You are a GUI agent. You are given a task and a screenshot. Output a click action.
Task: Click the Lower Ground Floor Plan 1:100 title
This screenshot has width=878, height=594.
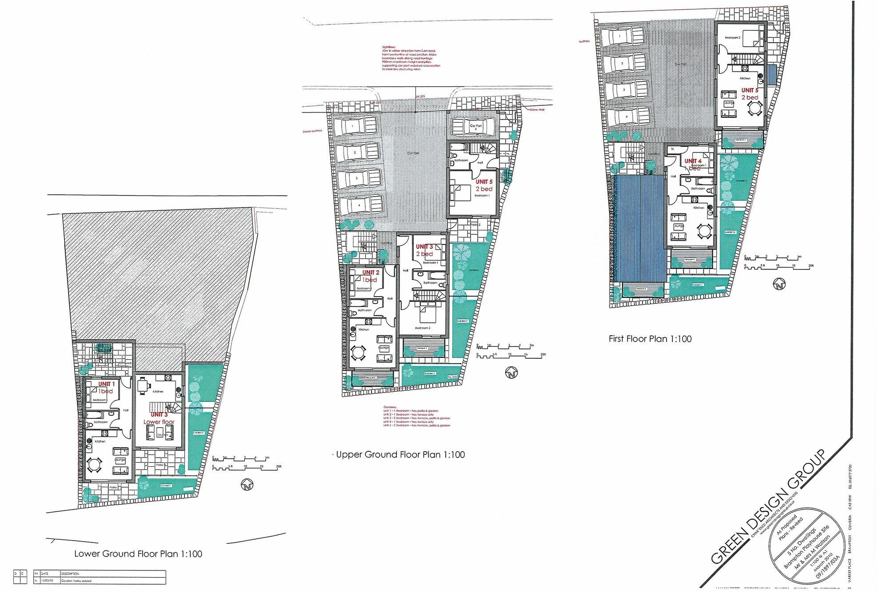click(138, 554)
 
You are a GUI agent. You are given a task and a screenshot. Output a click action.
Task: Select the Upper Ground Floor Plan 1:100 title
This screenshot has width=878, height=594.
click(400, 454)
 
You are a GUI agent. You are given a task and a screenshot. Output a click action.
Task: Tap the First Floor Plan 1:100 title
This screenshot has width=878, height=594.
click(650, 339)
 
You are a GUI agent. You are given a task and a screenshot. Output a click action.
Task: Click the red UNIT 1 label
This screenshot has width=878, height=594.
click(107, 384)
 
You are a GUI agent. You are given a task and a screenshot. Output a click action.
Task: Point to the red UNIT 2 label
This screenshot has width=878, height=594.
click(371, 273)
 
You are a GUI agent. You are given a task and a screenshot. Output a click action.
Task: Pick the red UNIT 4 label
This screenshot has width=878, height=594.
click(693, 161)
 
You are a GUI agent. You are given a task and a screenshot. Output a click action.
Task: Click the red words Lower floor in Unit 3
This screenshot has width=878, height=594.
click(159, 421)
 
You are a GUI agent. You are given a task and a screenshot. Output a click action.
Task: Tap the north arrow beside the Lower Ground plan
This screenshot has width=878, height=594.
click(246, 485)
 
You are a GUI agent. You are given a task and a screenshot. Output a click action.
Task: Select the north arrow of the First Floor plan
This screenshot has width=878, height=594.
click(779, 284)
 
